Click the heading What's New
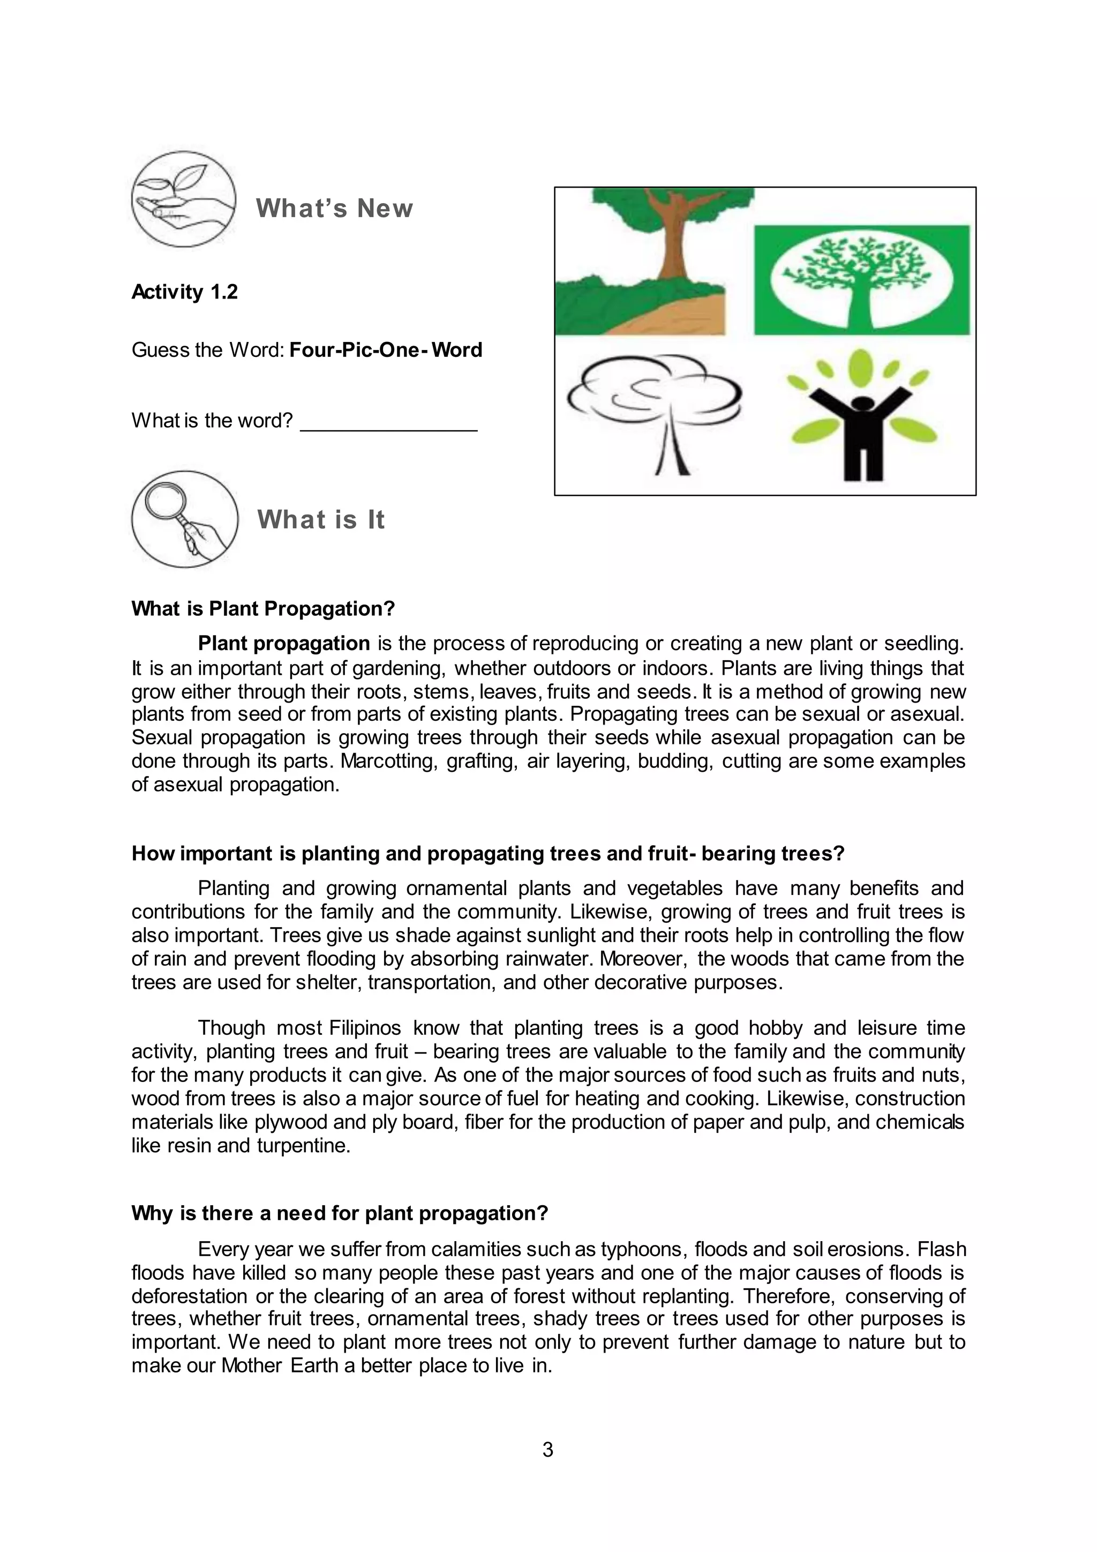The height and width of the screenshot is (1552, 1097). point(334,208)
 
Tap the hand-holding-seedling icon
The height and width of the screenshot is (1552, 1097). point(184,199)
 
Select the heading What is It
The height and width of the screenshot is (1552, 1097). point(321,520)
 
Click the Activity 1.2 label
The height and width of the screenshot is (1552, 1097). point(184,292)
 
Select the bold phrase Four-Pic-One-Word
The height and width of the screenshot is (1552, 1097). point(386,350)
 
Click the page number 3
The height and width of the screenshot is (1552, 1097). point(548,1449)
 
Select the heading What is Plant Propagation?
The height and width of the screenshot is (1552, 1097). point(263,608)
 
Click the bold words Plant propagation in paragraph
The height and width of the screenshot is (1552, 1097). point(284,643)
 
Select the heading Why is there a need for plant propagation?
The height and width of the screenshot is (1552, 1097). point(340,1213)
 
